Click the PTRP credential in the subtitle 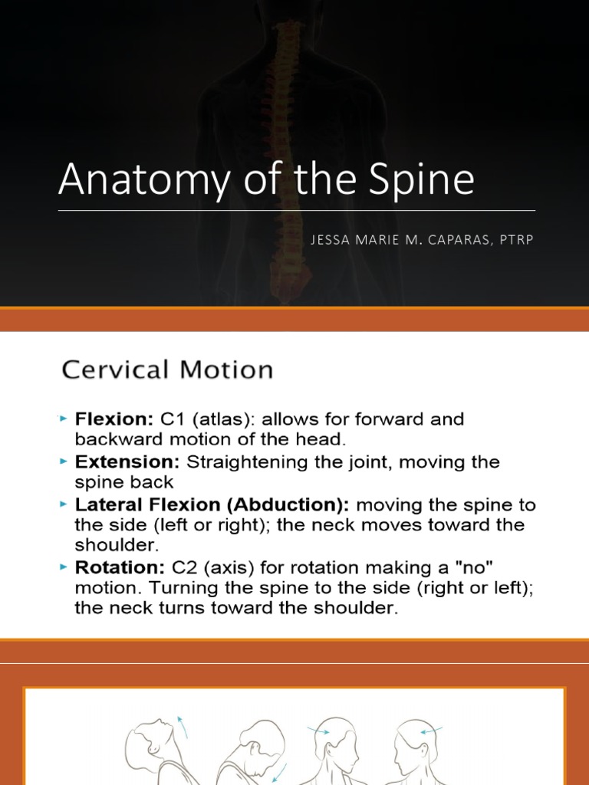[515, 240]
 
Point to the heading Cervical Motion [167, 371]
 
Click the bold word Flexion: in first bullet [114, 420]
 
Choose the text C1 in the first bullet [169, 420]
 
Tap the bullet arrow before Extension [64, 462]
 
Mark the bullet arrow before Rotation [64, 567]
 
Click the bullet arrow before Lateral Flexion [64, 505]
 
